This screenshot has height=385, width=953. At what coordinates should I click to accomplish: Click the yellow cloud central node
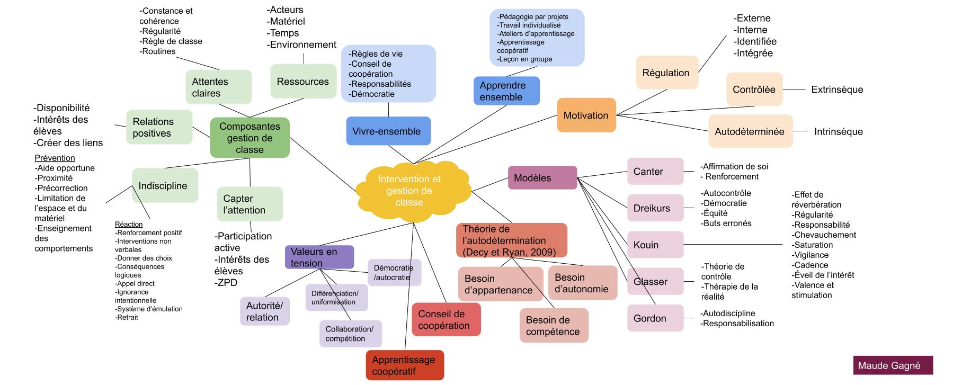[x=409, y=191]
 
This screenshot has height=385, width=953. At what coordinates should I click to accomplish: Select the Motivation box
[x=586, y=115]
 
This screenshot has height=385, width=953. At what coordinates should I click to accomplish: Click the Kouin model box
[x=655, y=245]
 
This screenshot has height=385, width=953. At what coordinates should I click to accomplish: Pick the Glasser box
[x=655, y=282]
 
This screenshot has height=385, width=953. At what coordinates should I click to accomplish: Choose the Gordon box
[x=655, y=318]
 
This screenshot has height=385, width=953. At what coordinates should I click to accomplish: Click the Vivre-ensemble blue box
[x=388, y=131]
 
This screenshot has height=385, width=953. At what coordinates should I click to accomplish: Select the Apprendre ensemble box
[x=506, y=91]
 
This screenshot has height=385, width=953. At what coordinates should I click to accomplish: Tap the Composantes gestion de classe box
[x=250, y=138]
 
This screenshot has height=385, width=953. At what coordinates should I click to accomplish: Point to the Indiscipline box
[x=165, y=186]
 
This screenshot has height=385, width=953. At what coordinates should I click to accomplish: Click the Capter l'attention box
[x=250, y=204]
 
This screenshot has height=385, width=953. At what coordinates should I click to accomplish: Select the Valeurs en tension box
[x=319, y=257]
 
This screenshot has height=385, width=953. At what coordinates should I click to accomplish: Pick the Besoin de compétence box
[x=554, y=326]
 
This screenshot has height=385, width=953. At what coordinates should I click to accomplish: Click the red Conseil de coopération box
[x=446, y=320]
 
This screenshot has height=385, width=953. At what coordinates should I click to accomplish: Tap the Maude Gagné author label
[x=893, y=366]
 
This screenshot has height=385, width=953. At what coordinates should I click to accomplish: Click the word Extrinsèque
[x=837, y=89]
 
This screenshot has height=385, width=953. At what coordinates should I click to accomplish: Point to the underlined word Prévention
[x=55, y=158]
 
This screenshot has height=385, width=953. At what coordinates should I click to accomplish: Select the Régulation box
[x=666, y=73]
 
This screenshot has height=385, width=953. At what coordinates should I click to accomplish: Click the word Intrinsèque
[x=838, y=132]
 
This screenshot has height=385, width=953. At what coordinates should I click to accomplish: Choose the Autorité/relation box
[x=264, y=311]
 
